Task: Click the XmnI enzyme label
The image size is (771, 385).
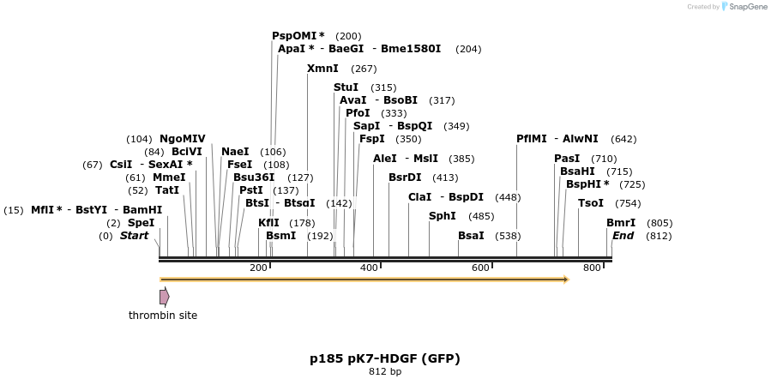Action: pyautogui.click(x=322, y=69)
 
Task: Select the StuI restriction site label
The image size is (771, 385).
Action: pyautogui.click(x=346, y=87)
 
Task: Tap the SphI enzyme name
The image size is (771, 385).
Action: pyautogui.click(x=443, y=216)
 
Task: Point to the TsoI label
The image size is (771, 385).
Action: pyautogui.click(x=591, y=203)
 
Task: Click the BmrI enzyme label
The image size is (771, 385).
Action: pyautogui.click(x=621, y=223)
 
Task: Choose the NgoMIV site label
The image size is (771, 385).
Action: pyautogui.click(x=183, y=139)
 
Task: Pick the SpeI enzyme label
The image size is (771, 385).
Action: pyautogui.click(x=142, y=223)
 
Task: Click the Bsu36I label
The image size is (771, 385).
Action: pyautogui.click(x=254, y=177)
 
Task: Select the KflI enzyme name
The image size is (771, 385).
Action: pyautogui.click(x=268, y=223)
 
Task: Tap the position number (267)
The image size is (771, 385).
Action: pyautogui.click(x=364, y=69)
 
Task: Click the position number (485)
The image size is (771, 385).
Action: pyautogui.click(x=481, y=216)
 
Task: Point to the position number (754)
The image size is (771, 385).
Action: pyautogui.click(x=628, y=203)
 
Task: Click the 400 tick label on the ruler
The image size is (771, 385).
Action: pyautogui.click(x=369, y=268)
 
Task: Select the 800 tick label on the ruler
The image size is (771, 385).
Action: pyautogui.click(x=592, y=268)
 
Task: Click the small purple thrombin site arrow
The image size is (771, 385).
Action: pyautogui.click(x=164, y=297)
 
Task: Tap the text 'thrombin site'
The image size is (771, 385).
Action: pyautogui.click(x=163, y=316)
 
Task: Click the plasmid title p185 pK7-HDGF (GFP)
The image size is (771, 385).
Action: pyautogui.click(x=385, y=358)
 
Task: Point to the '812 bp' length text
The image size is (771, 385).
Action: pyautogui.click(x=385, y=372)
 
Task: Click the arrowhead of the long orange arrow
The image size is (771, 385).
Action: pyautogui.click(x=565, y=280)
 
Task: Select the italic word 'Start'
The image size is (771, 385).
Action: pyautogui.click(x=134, y=236)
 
